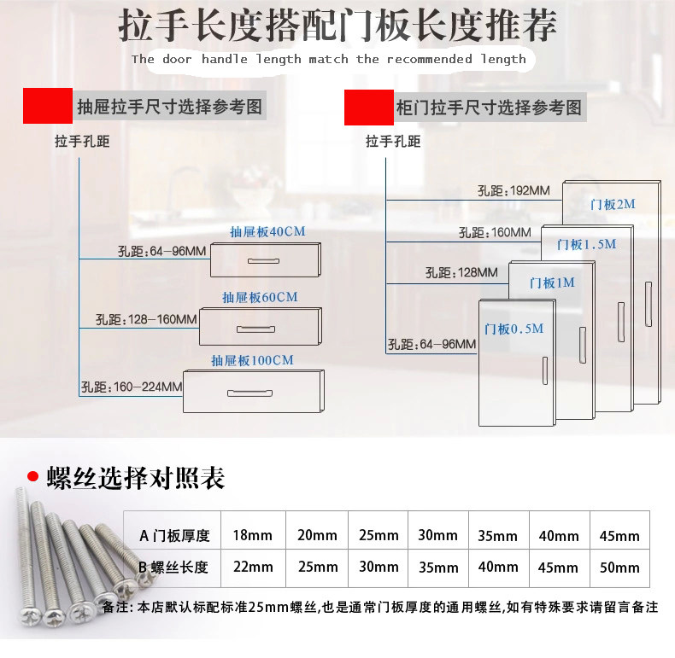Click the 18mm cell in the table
pyautogui.click(x=253, y=536)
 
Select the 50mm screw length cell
pyautogui.click(x=620, y=568)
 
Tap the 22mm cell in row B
pyautogui.click(x=253, y=568)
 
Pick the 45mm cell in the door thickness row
pyautogui.click(x=620, y=536)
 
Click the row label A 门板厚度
pyautogui.click(x=174, y=536)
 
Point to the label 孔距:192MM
pyautogui.click(x=514, y=190)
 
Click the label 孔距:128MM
pyautogui.click(x=461, y=273)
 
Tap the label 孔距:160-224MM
pyautogui.click(x=132, y=387)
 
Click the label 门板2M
pyautogui.click(x=613, y=205)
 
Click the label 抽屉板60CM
pyautogui.click(x=260, y=298)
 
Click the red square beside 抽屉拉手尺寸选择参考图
pyautogui.click(x=47, y=107)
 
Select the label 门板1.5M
pyautogui.click(x=586, y=244)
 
